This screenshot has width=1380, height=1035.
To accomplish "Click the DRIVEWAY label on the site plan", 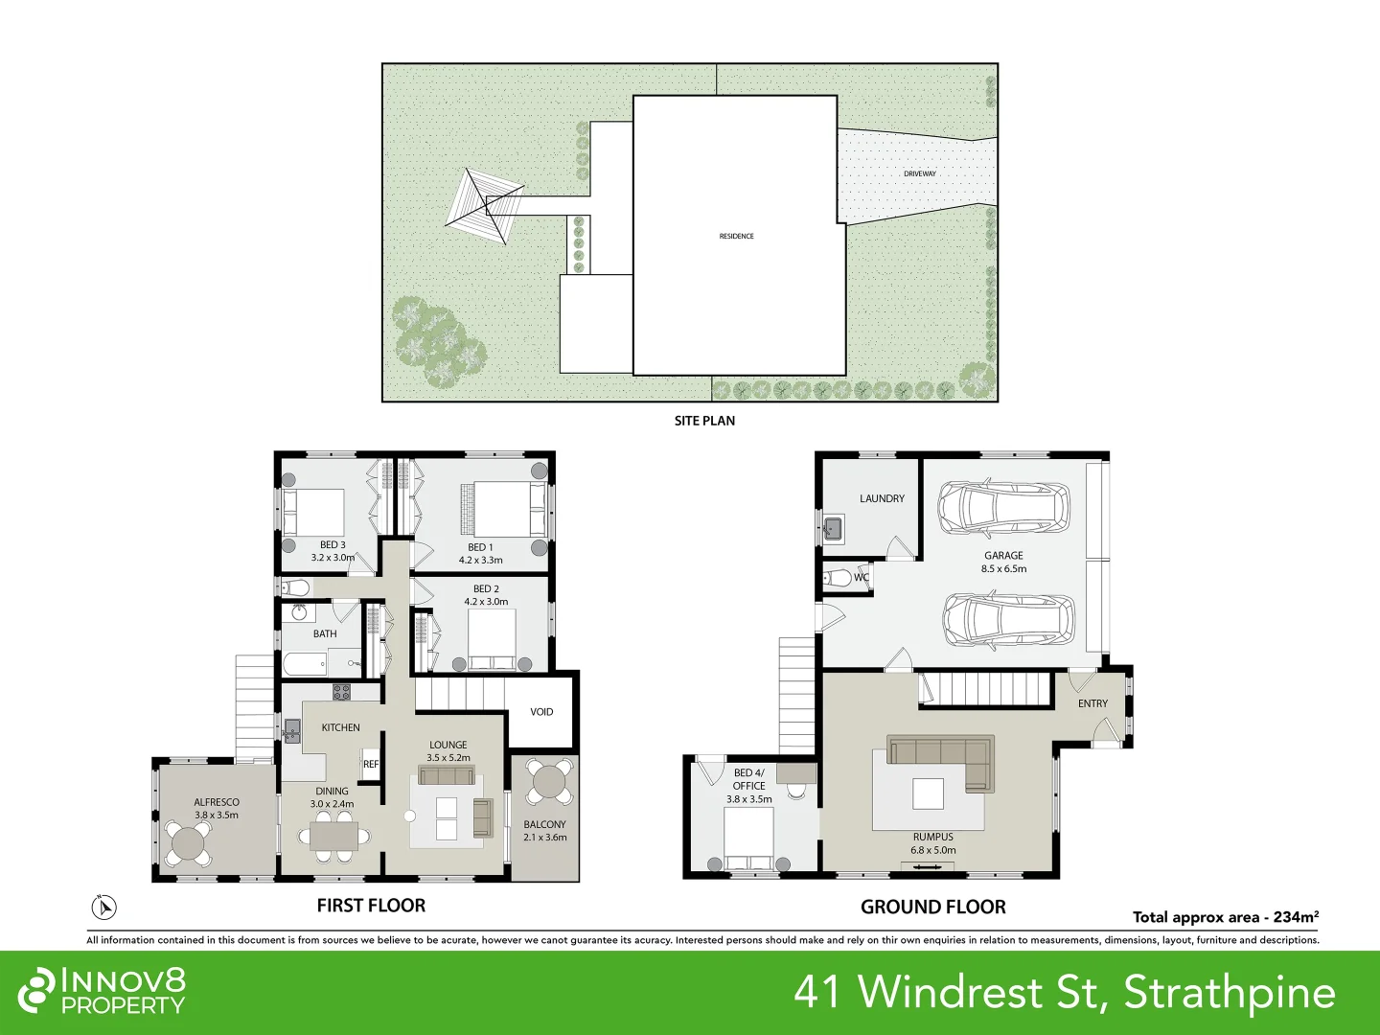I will pyautogui.click(x=919, y=173).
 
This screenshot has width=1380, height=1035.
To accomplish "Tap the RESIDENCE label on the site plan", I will pyautogui.click(x=736, y=236).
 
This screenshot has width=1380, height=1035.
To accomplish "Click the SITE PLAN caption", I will pyautogui.click(x=704, y=421).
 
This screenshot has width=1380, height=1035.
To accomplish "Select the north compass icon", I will pyautogui.click(x=103, y=907).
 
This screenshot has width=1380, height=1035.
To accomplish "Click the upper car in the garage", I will pyautogui.click(x=1003, y=508).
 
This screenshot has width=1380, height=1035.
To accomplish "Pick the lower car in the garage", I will pyautogui.click(x=1008, y=620).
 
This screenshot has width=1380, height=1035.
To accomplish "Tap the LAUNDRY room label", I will pyautogui.click(x=882, y=498).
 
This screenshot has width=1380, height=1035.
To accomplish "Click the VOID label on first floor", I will pyautogui.click(x=541, y=712).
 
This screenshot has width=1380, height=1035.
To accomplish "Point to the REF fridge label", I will pyautogui.click(x=371, y=764).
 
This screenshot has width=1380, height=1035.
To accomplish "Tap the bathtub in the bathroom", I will pyautogui.click(x=305, y=663).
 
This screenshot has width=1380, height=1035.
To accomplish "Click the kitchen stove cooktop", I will pyautogui.click(x=341, y=691).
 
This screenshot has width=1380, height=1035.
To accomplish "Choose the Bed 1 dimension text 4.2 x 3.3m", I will pyautogui.click(x=480, y=560).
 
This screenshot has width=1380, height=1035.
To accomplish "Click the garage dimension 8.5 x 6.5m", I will pyautogui.click(x=1003, y=568).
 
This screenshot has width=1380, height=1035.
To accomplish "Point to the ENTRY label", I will pyautogui.click(x=1092, y=703).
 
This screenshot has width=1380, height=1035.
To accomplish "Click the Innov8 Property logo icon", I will pyautogui.click(x=36, y=990).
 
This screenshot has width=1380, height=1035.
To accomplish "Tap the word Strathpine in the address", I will pyautogui.click(x=1230, y=992).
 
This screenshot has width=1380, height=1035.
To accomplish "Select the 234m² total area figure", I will pyautogui.click(x=1296, y=917).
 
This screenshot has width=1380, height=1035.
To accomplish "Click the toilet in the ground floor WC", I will pyautogui.click(x=840, y=578).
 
